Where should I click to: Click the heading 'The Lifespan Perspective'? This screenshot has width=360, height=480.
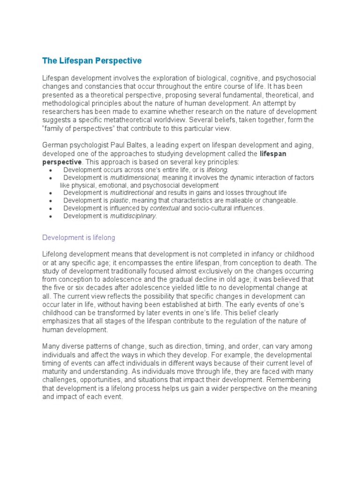92,61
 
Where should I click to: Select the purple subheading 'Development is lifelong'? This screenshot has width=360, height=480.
78,238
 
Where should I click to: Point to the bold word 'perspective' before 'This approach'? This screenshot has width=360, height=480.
61,162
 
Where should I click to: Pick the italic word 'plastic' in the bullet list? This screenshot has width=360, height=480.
119,200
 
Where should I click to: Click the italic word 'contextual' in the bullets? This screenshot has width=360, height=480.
165,208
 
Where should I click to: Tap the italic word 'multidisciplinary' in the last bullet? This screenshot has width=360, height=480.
133,216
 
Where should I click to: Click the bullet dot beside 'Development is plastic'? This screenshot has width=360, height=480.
51,201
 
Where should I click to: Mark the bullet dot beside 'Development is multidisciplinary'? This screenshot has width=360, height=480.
51,216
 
